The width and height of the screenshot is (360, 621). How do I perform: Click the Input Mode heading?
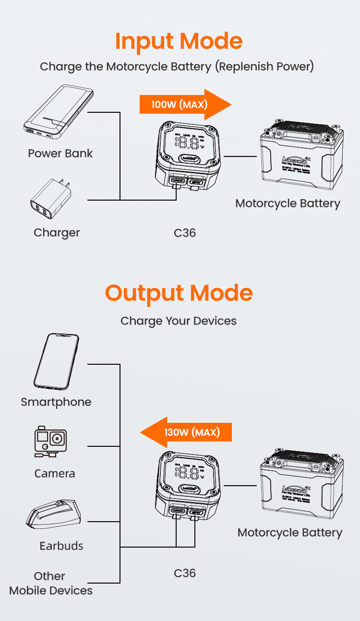[x=179, y=42]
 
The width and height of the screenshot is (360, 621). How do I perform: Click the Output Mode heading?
[x=179, y=293]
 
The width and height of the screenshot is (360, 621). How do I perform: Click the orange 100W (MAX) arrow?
[x=185, y=104]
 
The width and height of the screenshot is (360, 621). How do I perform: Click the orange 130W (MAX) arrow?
[x=186, y=432]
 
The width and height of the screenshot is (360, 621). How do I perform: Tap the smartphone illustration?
[x=56, y=361]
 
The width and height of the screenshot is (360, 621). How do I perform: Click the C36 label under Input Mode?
[x=185, y=233]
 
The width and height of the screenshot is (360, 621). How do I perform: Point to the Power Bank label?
[x=60, y=154]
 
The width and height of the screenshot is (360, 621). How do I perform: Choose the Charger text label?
[x=57, y=233]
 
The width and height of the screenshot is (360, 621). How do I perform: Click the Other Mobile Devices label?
[x=51, y=583]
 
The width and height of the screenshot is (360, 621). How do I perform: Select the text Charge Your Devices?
[x=179, y=321]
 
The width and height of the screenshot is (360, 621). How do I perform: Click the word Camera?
[x=55, y=474]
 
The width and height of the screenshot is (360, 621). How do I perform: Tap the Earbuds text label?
[x=61, y=546]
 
